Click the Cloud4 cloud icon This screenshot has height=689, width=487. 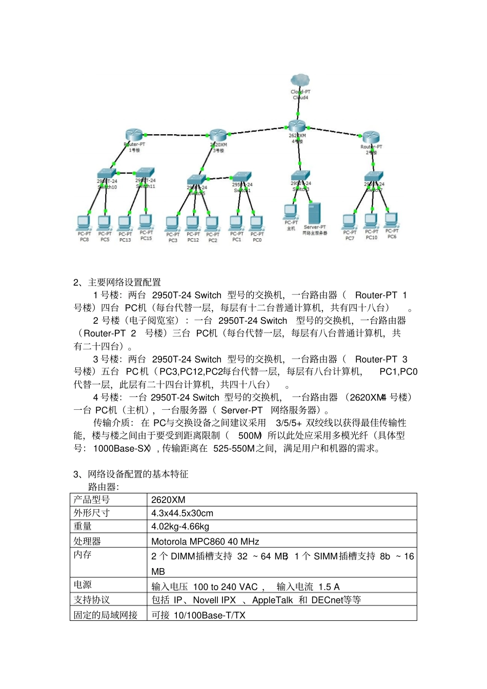click(x=300, y=80)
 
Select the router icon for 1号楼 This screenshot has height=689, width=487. click(x=135, y=135)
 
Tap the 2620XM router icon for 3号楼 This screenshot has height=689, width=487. click(x=218, y=135)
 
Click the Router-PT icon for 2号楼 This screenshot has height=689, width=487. click(x=371, y=137)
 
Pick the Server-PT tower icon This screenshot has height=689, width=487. click(x=314, y=213)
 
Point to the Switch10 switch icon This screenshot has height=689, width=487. click(x=107, y=173)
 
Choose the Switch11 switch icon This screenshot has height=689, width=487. click(x=145, y=172)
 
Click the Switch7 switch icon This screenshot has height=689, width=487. click(x=374, y=176)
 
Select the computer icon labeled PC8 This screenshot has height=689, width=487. click(x=84, y=223)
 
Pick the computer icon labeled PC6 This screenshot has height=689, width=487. click(x=391, y=220)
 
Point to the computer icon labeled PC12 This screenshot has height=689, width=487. click(x=193, y=223)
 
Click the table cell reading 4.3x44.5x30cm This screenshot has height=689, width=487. click(x=182, y=513)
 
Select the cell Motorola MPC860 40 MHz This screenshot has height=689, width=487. click(x=205, y=541)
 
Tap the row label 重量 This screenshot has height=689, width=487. click(x=83, y=527)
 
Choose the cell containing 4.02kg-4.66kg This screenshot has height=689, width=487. click(x=180, y=527)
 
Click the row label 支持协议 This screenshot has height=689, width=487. click(x=92, y=600)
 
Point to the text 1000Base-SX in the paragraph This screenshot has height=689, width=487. click(x=121, y=449)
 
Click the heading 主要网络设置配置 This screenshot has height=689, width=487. click(x=125, y=282)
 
